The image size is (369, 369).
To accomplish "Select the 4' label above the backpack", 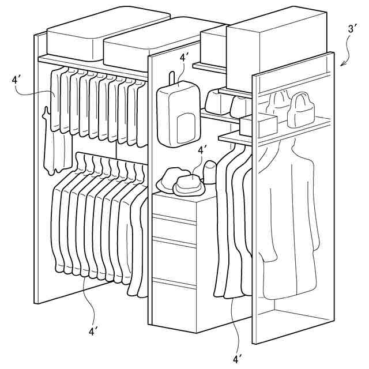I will point(184,58).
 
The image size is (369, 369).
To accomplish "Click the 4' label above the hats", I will point(202,150).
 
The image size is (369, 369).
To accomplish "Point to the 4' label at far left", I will point(16,80).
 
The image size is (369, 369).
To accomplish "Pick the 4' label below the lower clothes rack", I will point(93,331).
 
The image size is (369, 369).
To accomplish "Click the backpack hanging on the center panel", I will point(178,112).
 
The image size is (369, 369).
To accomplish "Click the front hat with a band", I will point(188,184).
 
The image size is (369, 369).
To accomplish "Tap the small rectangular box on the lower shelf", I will point(258,123).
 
